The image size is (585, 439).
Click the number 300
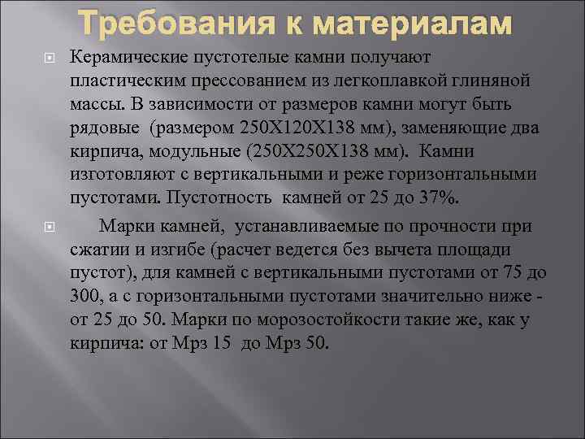(x=86, y=296)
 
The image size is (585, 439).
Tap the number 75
(x=518, y=272)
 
